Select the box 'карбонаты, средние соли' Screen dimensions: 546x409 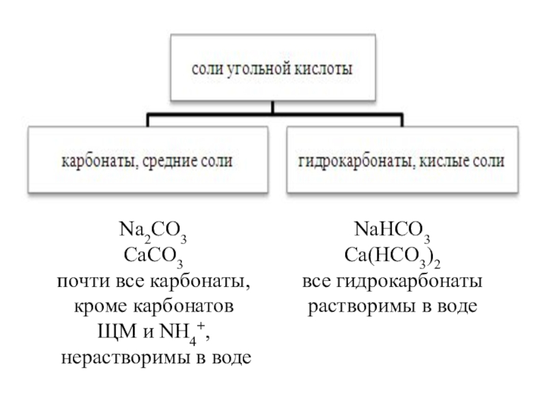click(147, 162)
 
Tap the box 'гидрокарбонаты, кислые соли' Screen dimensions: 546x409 click(401, 162)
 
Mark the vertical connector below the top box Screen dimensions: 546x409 click(272, 107)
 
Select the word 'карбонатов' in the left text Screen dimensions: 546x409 click(186, 307)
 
